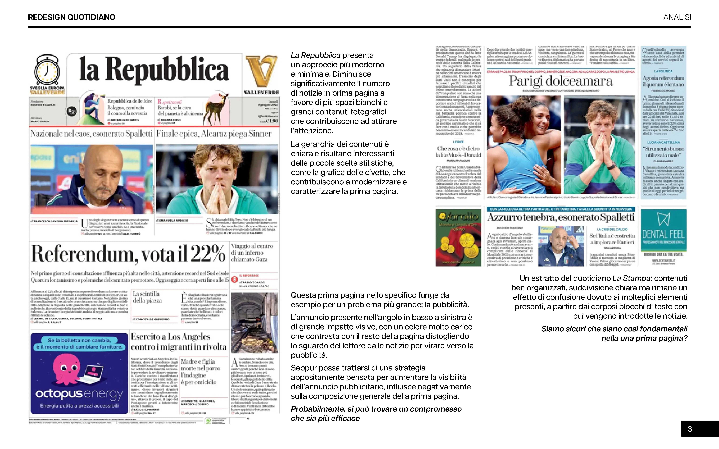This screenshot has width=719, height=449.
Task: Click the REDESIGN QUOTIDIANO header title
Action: click(x=72, y=17)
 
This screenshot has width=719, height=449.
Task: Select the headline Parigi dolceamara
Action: click(x=561, y=81)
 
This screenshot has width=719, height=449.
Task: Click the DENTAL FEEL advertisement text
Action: click(x=663, y=235)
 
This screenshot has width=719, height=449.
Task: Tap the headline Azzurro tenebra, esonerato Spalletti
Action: click(x=561, y=217)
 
